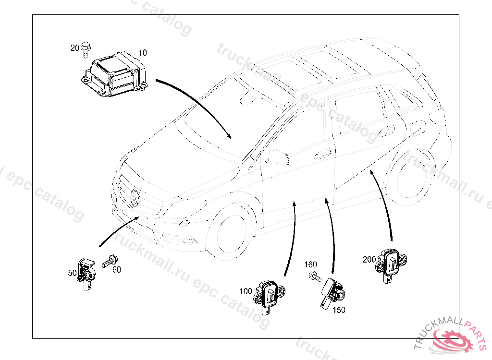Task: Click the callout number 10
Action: [143, 52]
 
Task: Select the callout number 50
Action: [73, 273]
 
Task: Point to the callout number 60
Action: [117, 269]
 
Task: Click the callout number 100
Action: [246, 291]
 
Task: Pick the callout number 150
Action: [339, 310]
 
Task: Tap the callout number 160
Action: [311, 264]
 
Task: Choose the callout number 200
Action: [369, 259]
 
